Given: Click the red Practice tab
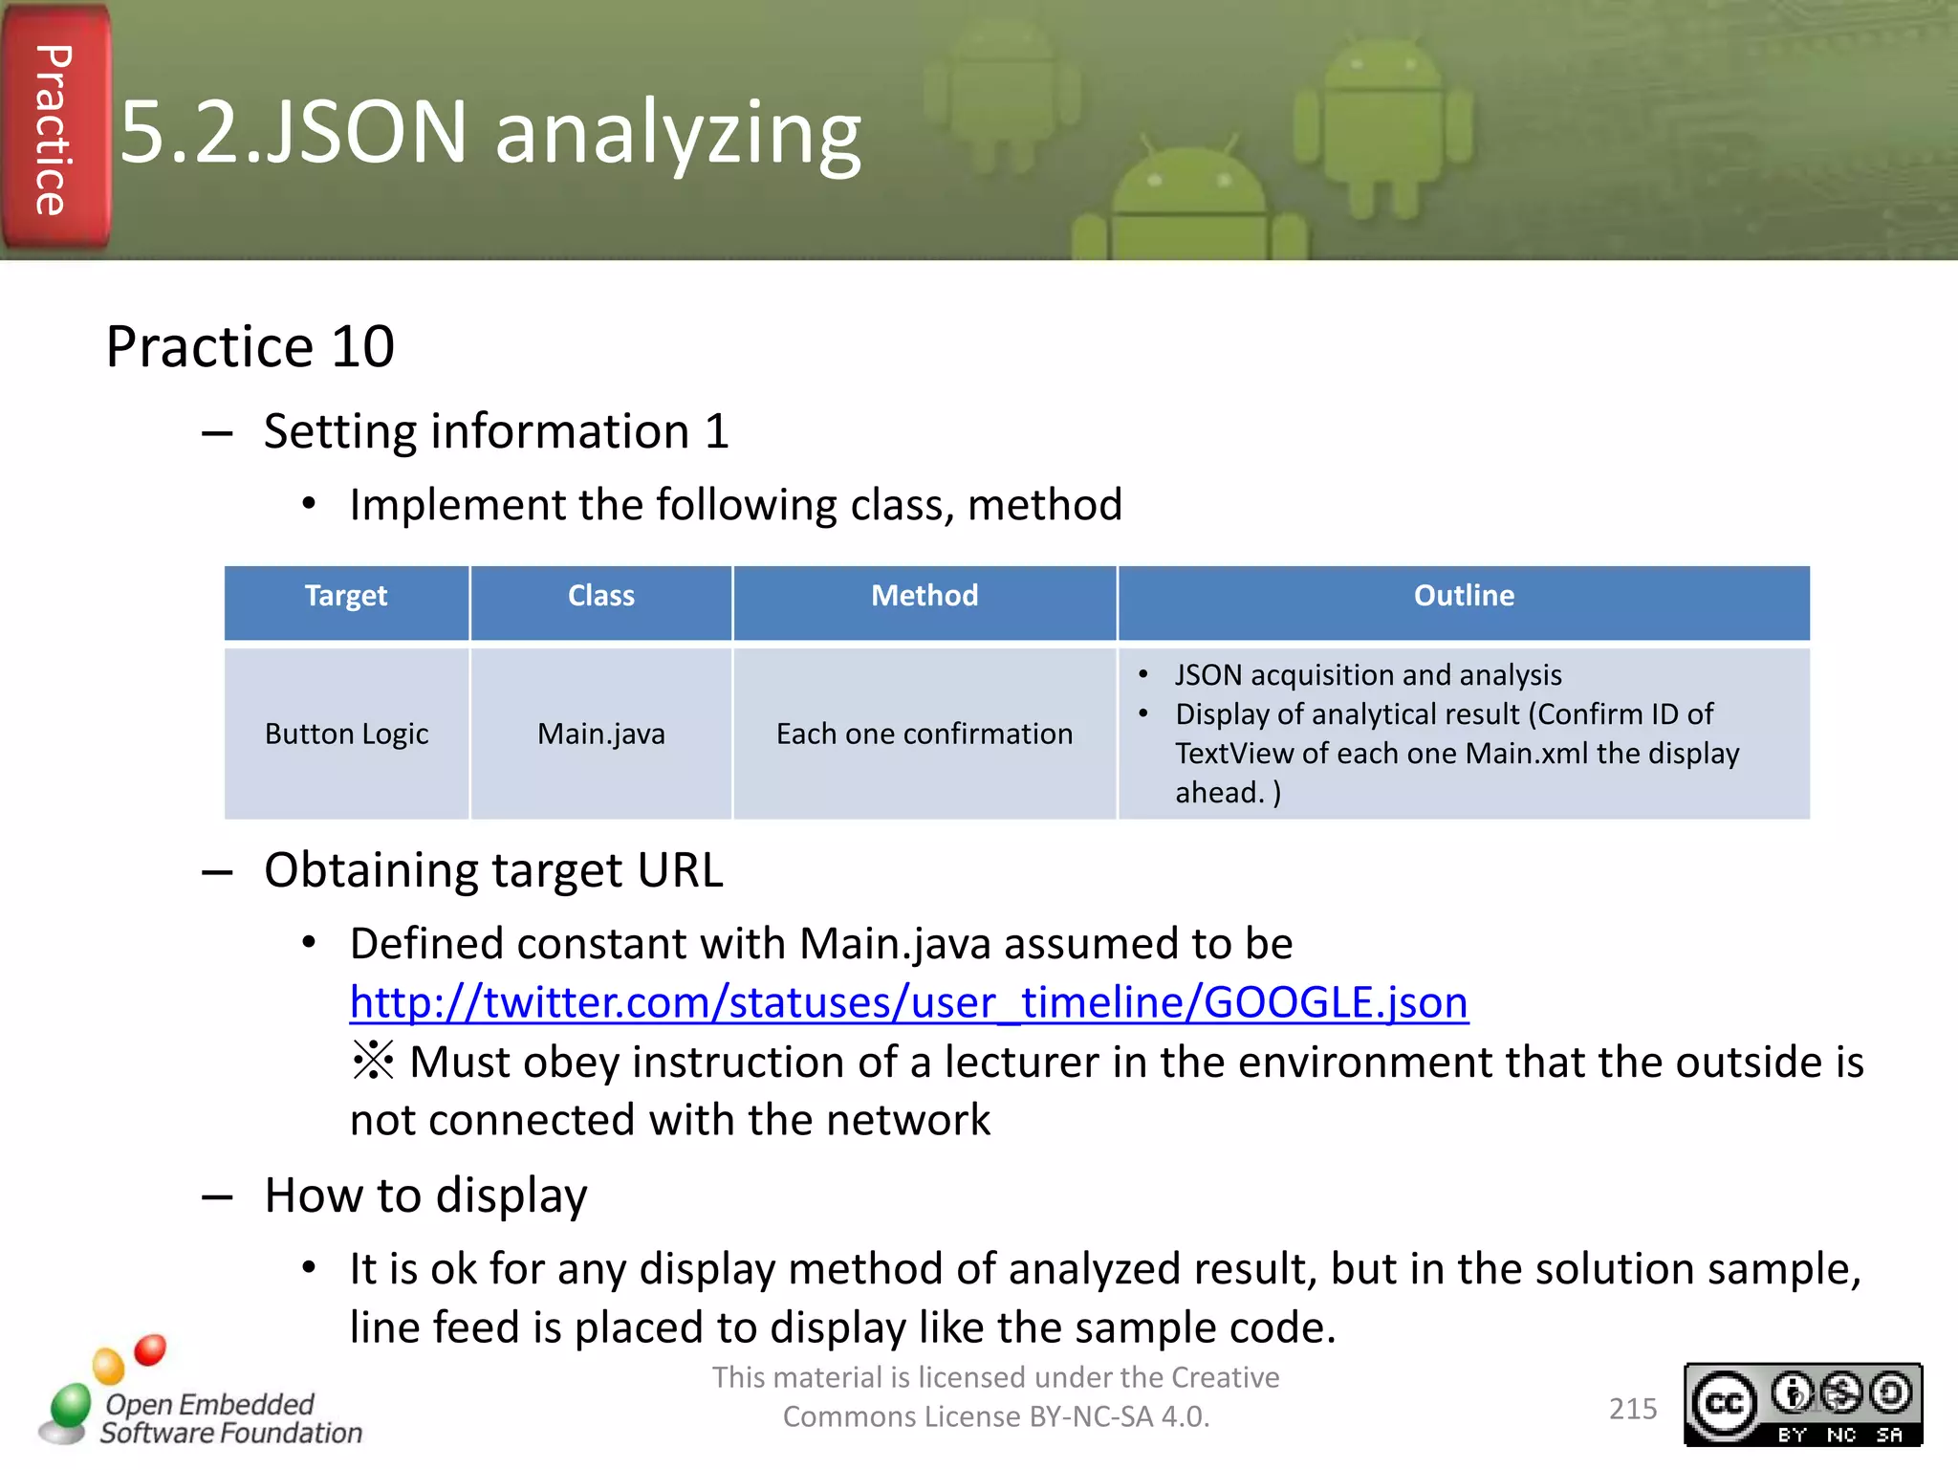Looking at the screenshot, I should (x=54, y=129).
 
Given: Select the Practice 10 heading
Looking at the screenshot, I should (x=250, y=346).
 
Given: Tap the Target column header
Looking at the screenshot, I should (x=346, y=597).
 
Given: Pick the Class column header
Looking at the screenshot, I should (x=600, y=597).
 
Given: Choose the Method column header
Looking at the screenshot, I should (x=924, y=597).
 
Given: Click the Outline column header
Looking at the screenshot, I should (x=1463, y=597).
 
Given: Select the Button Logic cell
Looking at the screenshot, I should (x=346, y=734).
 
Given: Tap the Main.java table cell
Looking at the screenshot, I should (x=600, y=734).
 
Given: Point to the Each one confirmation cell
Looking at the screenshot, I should (x=924, y=734).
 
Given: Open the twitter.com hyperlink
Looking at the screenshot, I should (x=908, y=1002).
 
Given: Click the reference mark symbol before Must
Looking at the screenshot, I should (x=373, y=1061).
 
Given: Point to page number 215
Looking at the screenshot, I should (x=1632, y=1409).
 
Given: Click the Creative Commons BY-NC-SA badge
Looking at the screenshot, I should (x=1802, y=1404).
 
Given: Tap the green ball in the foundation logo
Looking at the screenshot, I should (x=71, y=1406).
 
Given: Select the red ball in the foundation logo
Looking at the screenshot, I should (x=150, y=1349).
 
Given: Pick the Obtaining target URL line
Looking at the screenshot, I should (x=493, y=870).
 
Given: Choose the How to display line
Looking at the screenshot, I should (x=425, y=1195).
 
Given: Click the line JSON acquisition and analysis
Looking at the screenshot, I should (x=1367, y=675).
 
